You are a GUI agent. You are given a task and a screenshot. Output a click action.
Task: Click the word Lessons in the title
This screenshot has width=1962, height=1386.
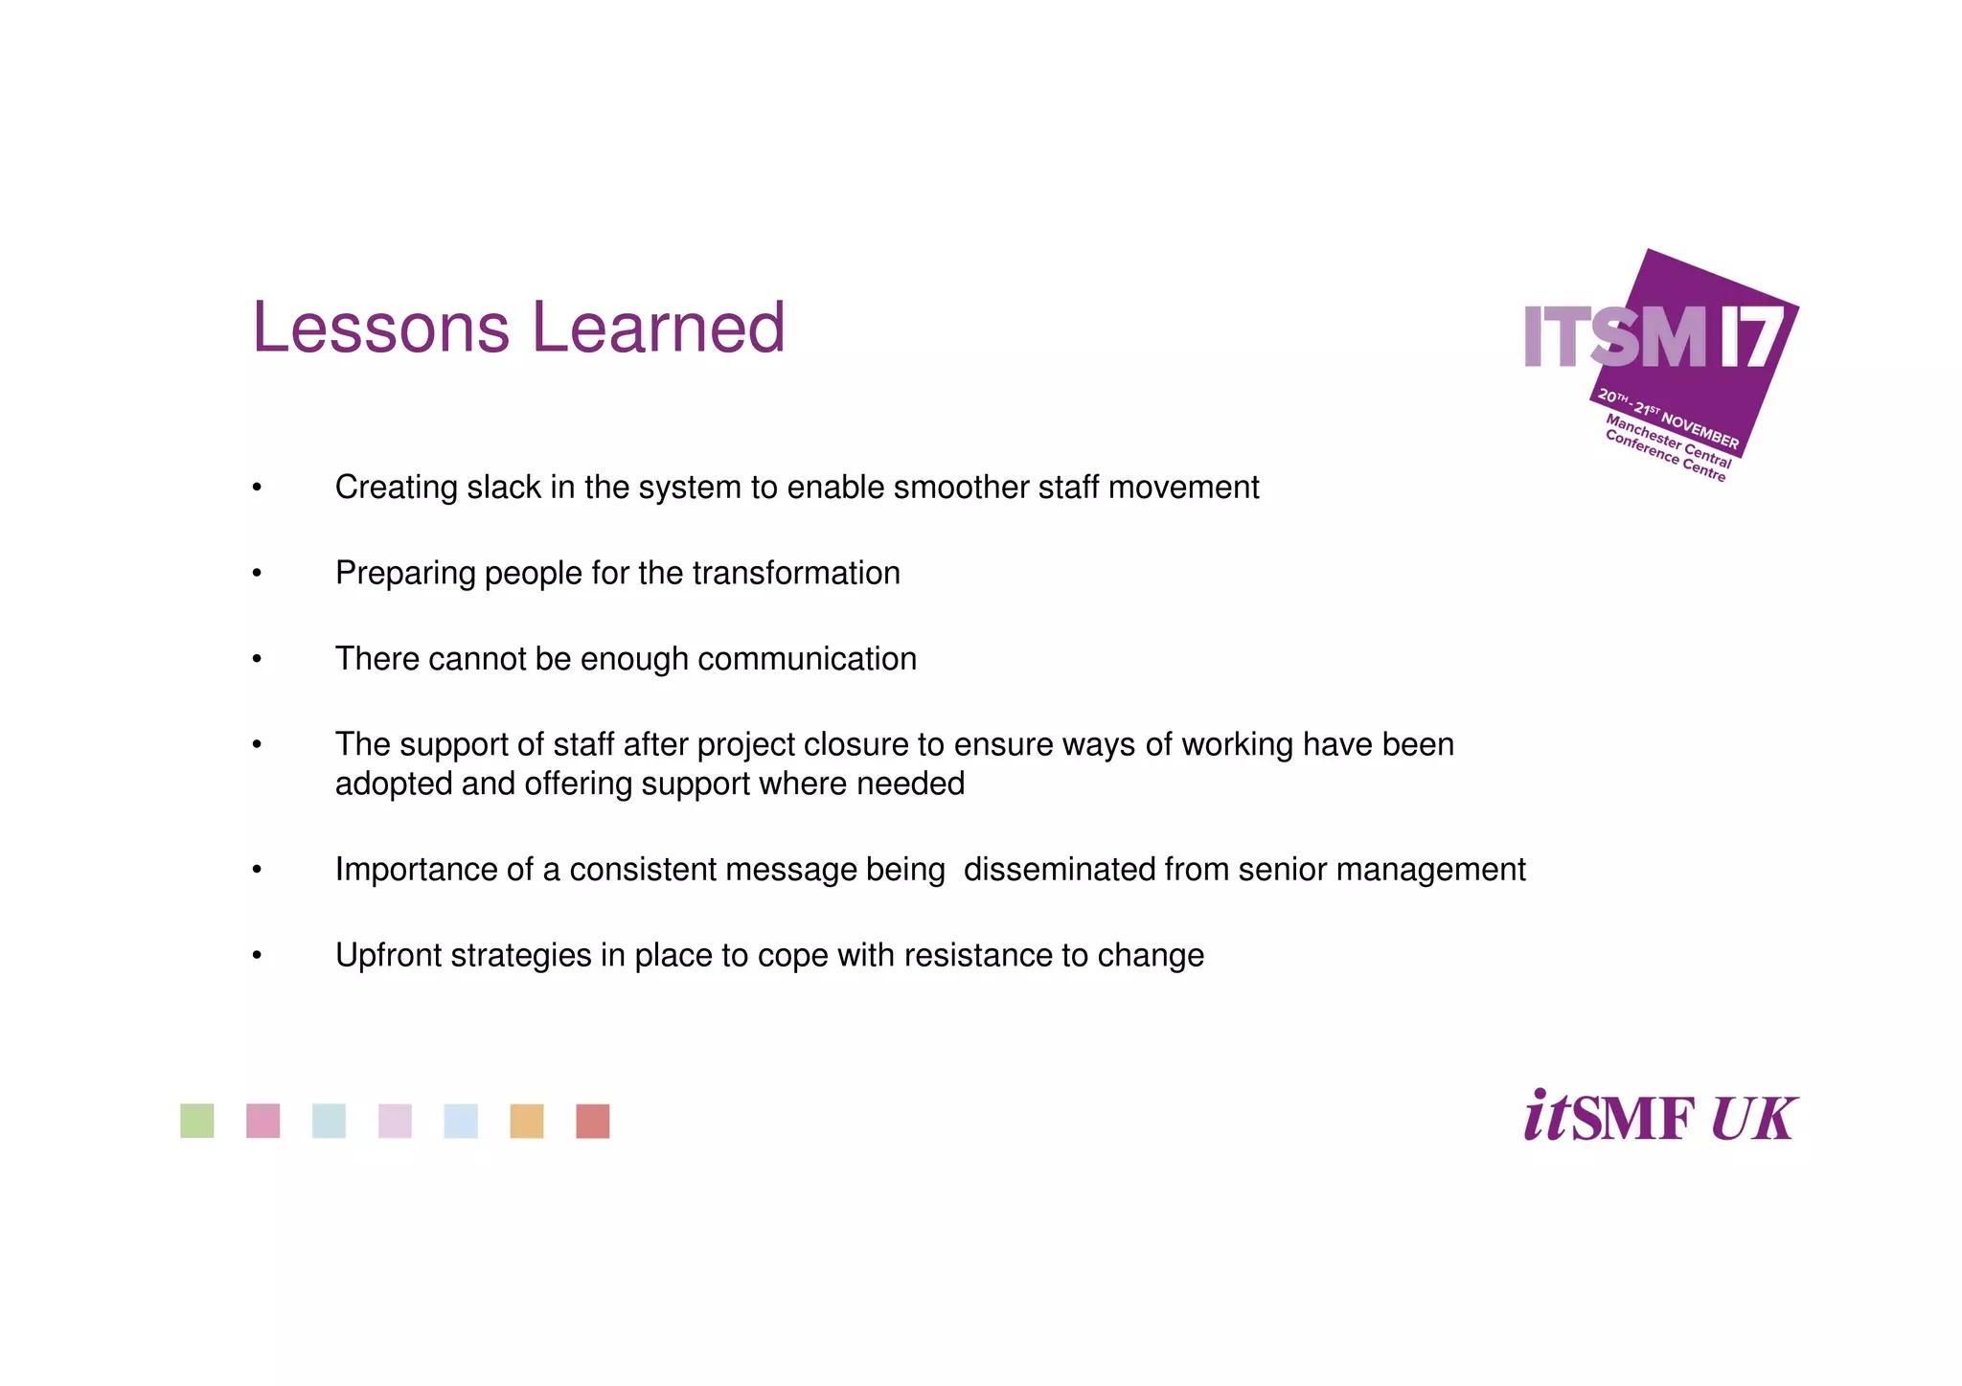click(380, 329)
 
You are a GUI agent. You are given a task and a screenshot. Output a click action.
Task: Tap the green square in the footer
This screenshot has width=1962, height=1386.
click(197, 1121)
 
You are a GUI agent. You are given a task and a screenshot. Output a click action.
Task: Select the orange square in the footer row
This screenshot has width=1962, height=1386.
click(527, 1121)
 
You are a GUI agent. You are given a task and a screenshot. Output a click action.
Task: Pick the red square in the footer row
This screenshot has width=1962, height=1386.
click(593, 1121)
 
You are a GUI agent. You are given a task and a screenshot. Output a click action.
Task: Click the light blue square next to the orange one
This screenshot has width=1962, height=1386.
click(461, 1121)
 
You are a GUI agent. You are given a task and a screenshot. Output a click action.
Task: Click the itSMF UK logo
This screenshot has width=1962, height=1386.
click(1660, 1117)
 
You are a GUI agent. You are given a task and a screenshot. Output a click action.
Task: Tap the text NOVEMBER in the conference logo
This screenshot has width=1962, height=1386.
click(1700, 430)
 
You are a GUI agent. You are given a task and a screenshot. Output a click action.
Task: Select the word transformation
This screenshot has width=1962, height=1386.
click(796, 574)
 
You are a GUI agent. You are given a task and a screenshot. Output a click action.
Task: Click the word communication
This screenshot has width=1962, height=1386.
click(807, 660)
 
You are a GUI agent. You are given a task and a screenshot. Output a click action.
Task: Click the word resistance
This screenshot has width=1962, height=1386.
click(977, 956)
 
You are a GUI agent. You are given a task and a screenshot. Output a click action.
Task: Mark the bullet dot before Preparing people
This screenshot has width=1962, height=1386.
click(257, 575)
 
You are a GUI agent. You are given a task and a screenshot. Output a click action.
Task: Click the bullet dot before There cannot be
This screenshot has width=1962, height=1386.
click(257, 660)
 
